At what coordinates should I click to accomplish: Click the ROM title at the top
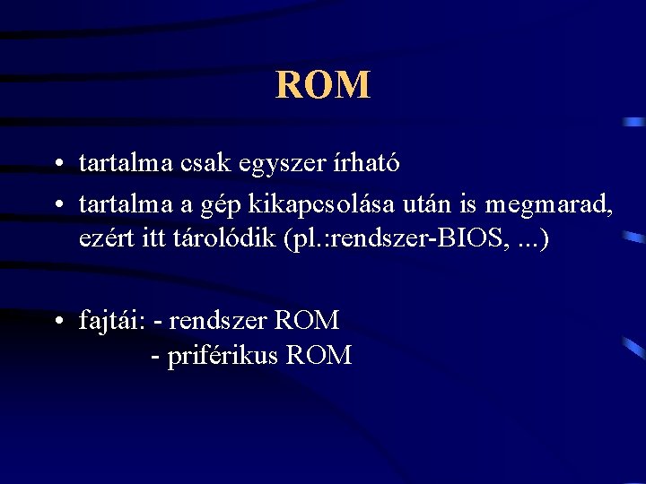[323, 85]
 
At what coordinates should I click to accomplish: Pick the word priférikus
[223, 357]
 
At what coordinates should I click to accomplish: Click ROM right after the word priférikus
[319, 356]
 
